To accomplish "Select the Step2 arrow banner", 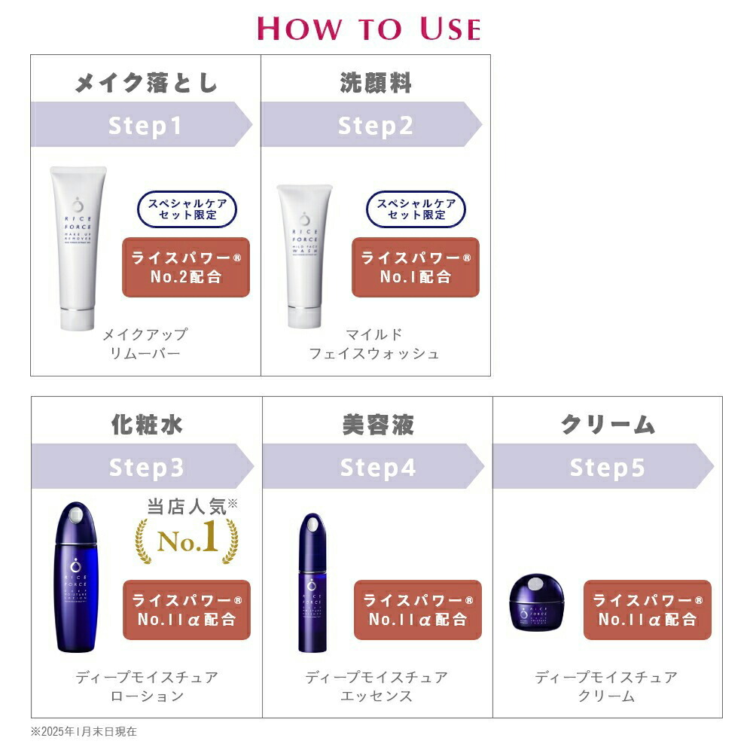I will click(372, 125).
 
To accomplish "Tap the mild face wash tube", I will click(304, 252).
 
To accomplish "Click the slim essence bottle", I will click(311, 581).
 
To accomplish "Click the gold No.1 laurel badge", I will click(186, 536).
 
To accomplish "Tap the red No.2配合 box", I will click(185, 267).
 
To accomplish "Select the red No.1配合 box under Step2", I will click(415, 267).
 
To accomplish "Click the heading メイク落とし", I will click(146, 81).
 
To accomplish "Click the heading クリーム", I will click(607, 425).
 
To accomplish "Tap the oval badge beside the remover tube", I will click(186, 209).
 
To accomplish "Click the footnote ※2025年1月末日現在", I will click(84, 731).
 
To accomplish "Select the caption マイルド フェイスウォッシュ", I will click(374, 343).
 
